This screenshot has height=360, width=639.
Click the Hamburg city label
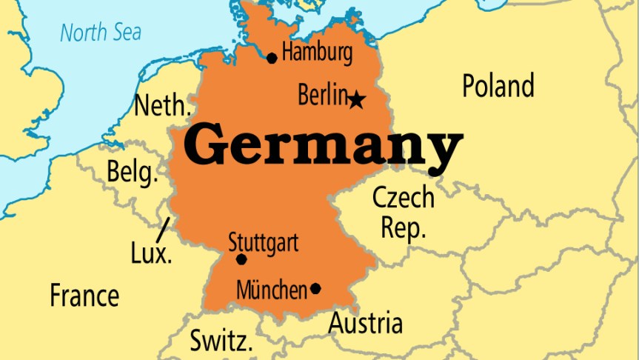pyautogui.click(x=317, y=53)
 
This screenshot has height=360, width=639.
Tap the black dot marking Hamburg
pyautogui.click(x=272, y=58)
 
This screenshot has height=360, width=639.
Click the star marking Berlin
pyautogui.click(x=357, y=99)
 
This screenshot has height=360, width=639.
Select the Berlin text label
pyautogui.click(x=322, y=95)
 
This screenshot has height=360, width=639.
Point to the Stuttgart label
pyautogui.click(x=263, y=242)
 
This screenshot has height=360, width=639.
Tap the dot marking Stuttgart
pyautogui.click(x=241, y=259)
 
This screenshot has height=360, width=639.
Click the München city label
pyautogui.click(x=271, y=290)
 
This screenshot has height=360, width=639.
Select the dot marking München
pyautogui.click(x=315, y=288)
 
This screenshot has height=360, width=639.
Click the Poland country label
pyautogui.click(x=498, y=86)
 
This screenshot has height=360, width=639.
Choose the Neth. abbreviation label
pyautogui.click(x=161, y=106)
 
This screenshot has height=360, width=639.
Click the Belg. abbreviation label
pyautogui.click(x=133, y=172)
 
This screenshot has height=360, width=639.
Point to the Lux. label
pyautogui.click(x=151, y=254)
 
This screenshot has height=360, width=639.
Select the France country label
pyautogui.click(x=84, y=296)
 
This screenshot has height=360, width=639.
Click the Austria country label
pyautogui.click(x=366, y=324)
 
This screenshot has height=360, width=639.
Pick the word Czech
pyautogui.click(x=403, y=198)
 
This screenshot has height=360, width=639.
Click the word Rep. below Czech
pyautogui.click(x=404, y=227)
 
